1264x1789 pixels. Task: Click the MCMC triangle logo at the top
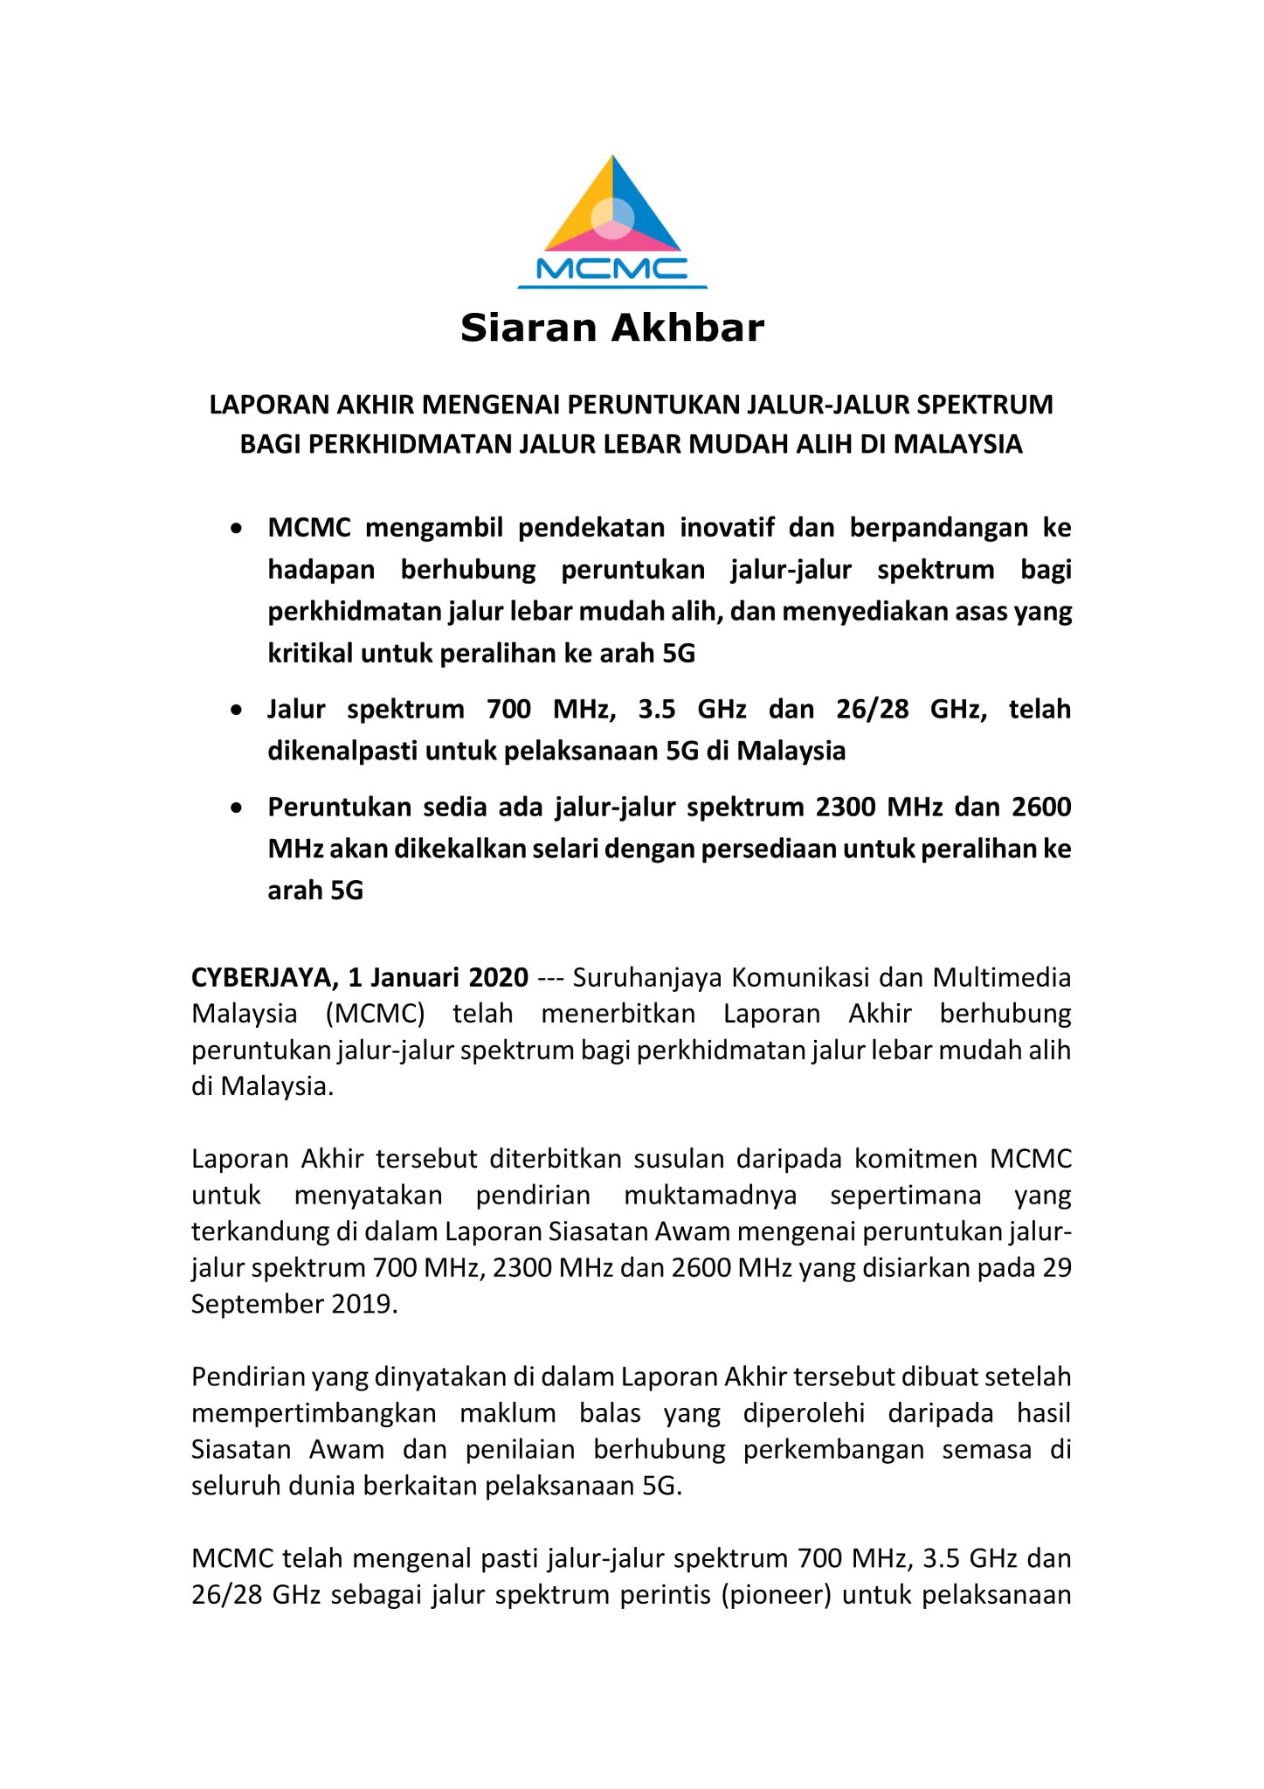(x=612, y=222)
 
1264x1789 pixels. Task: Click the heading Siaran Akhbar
(x=612, y=328)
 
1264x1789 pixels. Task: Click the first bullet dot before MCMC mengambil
(x=236, y=530)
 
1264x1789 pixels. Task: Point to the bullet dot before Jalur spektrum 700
(x=236, y=711)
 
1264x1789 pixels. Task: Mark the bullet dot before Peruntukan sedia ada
(x=236, y=808)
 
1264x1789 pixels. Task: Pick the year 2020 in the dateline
(x=498, y=977)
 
